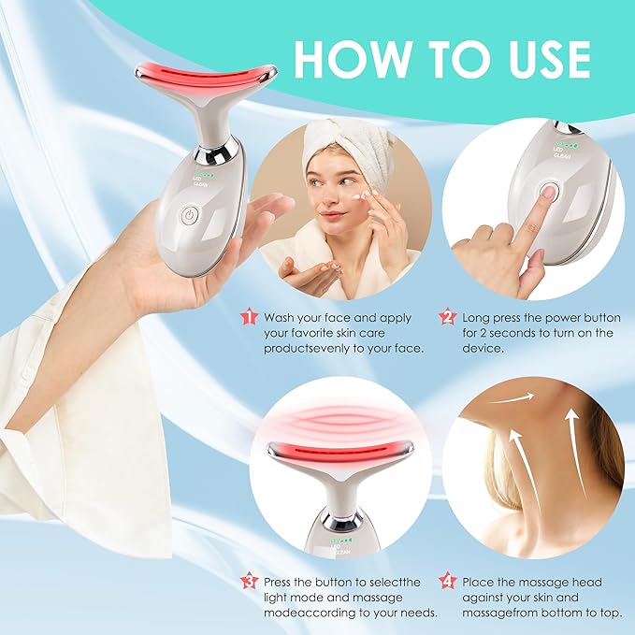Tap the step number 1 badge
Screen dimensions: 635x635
(x=248, y=317)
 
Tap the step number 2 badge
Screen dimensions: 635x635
(x=446, y=317)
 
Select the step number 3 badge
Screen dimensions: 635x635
(x=248, y=581)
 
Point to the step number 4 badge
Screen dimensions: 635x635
(x=446, y=581)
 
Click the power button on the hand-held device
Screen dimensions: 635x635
(x=191, y=213)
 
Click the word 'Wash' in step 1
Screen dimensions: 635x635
(x=281, y=318)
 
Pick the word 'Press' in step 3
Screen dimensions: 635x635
(x=282, y=582)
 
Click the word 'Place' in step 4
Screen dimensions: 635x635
(x=480, y=582)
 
